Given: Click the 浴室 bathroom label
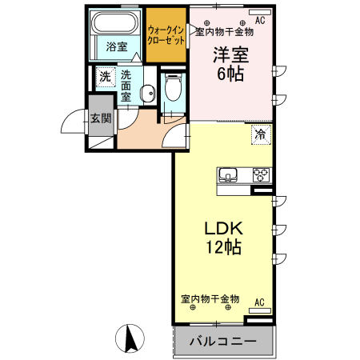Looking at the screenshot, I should [117, 46].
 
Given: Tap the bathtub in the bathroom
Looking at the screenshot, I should [115, 24].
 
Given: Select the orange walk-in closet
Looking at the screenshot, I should [166, 35].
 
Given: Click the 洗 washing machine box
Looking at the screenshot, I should [105, 78].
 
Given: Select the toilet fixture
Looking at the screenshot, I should [171, 89].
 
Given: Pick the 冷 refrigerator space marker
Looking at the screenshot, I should [260, 134].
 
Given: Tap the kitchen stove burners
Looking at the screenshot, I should [262, 176].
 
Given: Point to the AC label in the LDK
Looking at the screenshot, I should [258, 302].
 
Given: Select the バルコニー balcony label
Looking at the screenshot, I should [222, 342].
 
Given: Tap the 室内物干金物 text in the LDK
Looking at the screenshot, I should [210, 299].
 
